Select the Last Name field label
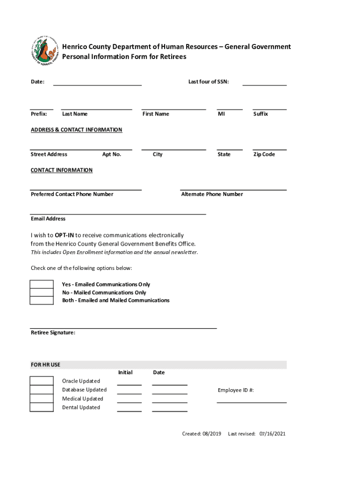click(x=74, y=114)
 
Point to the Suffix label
click(x=260, y=114)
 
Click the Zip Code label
click(x=264, y=154)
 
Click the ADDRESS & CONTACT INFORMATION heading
click(x=76, y=130)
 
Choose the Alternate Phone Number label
click(x=212, y=195)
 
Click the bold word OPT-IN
click(x=64, y=235)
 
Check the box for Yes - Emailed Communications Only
click(x=42, y=284)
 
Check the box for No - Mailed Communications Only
click(x=42, y=292)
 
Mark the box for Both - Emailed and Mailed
click(x=42, y=300)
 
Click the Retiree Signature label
click(x=53, y=333)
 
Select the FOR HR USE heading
click(x=45, y=365)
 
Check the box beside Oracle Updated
click(x=42, y=380)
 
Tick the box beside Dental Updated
click(x=42, y=407)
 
